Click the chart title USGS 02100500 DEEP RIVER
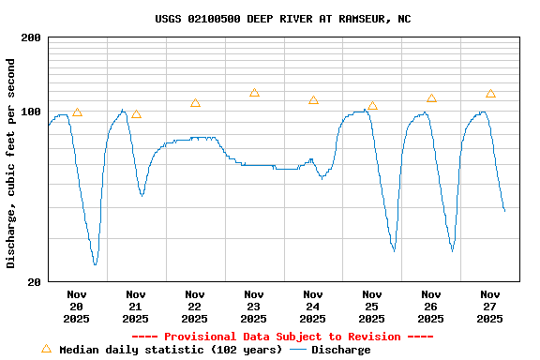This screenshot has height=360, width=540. (x=282, y=19)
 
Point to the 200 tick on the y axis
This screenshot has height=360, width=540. (x=31, y=37)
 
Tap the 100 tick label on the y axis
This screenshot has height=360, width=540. (x=31, y=112)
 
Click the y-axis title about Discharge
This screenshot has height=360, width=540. (x=11, y=163)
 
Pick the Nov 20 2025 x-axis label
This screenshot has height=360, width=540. (x=77, y=306)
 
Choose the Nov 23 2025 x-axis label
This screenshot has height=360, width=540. (x=254, y=306)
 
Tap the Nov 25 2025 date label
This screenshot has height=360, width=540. (x=372, y=306)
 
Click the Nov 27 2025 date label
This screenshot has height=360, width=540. (x=490, y=306)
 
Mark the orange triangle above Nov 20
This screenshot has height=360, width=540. (x=77, y=112)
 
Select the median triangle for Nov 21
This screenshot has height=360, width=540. (x=136, y=113)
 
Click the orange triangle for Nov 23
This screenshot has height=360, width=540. (x=254, y=93)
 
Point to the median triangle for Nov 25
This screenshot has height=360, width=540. (x=372, y=106)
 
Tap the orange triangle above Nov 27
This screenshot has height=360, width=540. (x=490, y=94)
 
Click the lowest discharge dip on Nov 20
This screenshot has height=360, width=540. (x=95, y=264)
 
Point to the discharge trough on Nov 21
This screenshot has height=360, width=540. (x=142, y=195)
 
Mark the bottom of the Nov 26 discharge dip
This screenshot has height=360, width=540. (x=452, y=250)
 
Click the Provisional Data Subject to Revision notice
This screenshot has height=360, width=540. (x=282, y=337)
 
